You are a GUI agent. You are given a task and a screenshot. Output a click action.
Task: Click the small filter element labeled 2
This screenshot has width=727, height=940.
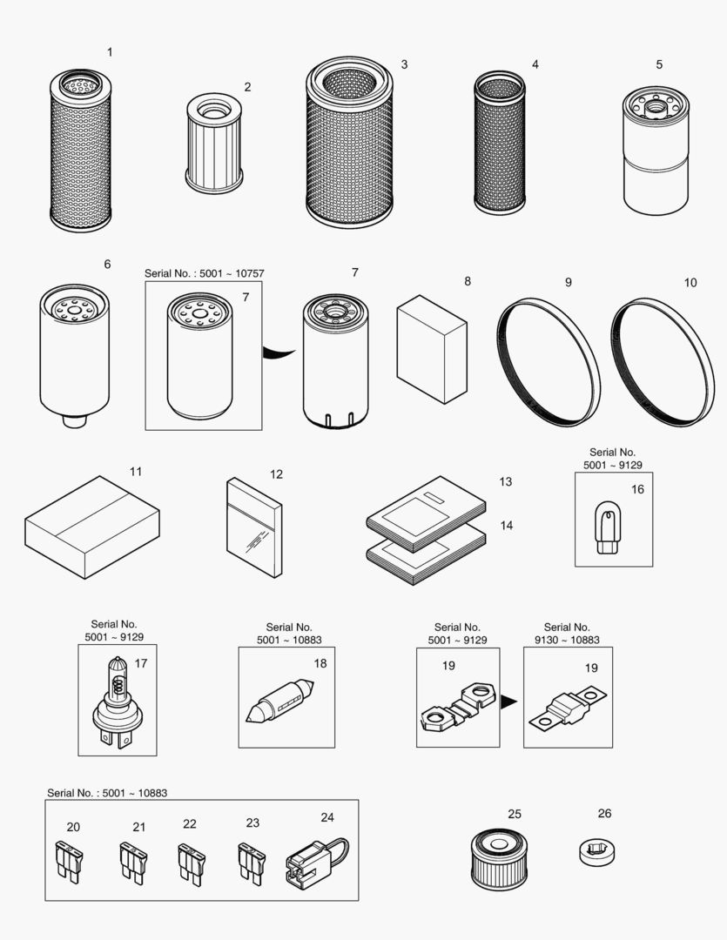(214, 144)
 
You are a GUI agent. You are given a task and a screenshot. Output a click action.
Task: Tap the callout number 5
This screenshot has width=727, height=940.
(659, 64)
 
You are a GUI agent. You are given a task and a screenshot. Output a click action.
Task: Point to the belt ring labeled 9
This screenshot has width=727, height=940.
(549, 361)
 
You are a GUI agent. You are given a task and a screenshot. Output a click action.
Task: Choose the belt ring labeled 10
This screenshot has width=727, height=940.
(663, 361)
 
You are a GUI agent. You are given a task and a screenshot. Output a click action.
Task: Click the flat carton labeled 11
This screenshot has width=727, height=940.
(91, 527)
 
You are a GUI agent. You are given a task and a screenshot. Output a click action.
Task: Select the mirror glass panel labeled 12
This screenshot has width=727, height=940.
(254, 527)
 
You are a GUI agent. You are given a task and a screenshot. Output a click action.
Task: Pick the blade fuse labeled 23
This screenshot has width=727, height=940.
(250, 863)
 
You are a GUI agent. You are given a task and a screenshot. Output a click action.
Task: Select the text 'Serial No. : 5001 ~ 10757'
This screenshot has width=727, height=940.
(205, 273)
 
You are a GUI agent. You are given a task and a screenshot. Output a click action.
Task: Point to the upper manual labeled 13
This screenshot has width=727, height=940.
(427, 514)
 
